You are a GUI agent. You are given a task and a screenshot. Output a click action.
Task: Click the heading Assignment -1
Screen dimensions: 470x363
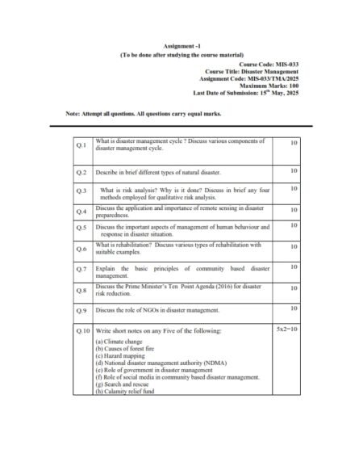tap(181, 45)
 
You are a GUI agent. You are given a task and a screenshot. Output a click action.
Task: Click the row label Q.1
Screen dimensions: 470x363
tap(81, 145)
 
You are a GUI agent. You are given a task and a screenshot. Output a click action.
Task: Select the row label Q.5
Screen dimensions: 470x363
tap(81, 229)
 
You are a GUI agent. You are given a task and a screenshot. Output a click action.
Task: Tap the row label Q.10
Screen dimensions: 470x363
tap(82, 331)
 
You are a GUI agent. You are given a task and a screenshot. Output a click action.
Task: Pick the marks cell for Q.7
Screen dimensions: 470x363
tap(294, 266)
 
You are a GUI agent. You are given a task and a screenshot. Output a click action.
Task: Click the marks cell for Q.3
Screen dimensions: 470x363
tap(294, 188)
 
